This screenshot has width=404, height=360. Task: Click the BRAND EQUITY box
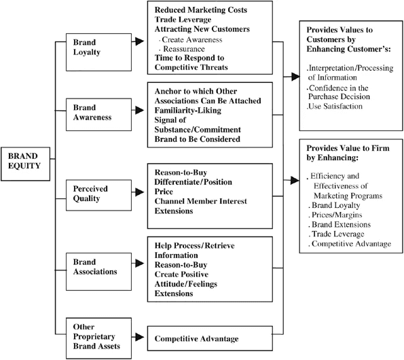click(x=25, y=164)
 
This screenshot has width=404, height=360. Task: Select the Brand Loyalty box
click(x=98, y=52)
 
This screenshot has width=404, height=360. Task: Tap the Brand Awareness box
click(x=98, y=114)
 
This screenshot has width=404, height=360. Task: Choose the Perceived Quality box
click(x=98, y=196)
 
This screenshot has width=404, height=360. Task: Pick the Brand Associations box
click(x=98, y=272)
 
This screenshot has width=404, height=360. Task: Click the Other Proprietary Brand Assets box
click(x=98, y=338)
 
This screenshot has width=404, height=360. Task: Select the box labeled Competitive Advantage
click(x=210, y=338)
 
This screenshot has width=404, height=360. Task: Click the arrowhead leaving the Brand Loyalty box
click(x=140, y=41)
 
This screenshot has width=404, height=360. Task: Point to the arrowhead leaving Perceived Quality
click(x=140, y=192)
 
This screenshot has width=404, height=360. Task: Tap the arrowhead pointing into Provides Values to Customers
click(x=295, y=77)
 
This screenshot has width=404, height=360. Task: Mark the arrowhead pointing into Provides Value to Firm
click(x=295, y=181)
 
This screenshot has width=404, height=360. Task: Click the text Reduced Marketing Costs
click(x=201, y=10)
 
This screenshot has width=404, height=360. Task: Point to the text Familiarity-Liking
click(x=188, y=111)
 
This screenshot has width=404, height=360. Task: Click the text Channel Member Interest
click(x=201, y=201)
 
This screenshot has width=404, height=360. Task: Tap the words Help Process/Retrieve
click(x=194, y=246)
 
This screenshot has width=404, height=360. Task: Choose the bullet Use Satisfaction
click(x=335, y=107)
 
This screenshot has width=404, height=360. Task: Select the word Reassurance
click(x=184, y=49)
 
